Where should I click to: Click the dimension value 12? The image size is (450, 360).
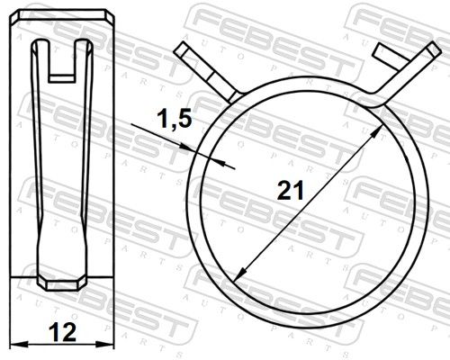point(62,332)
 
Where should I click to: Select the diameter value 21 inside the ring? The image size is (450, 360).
point(290,191)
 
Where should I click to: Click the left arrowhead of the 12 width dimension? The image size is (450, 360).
point(19,344)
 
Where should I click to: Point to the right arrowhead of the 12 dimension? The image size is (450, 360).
point(105,344)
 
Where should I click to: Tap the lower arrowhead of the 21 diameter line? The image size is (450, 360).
point(240,274)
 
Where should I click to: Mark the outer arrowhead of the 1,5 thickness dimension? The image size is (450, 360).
point(185,147)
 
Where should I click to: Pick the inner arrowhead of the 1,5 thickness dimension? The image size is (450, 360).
point(220,162)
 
